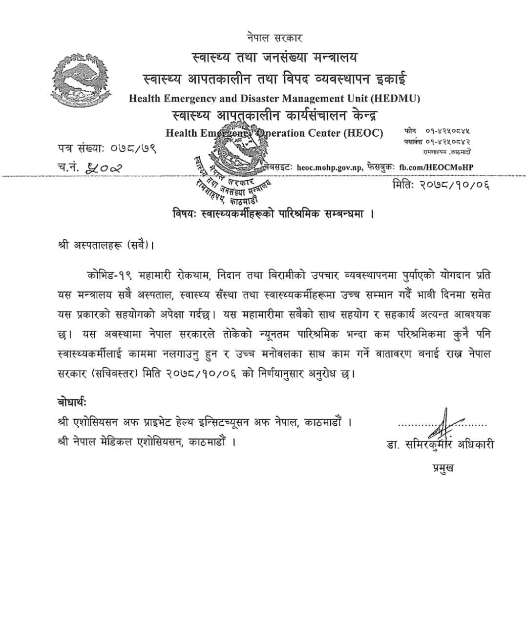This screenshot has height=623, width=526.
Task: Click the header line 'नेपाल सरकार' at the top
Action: [x=274, y=38]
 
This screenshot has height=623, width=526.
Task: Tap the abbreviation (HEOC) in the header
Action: [x=363, y=133]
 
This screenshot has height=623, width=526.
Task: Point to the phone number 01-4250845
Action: [x=447, y=131]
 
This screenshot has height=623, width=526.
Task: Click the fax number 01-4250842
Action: [x=447, y=142]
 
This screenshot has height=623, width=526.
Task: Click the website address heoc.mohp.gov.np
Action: [x=330, y=167]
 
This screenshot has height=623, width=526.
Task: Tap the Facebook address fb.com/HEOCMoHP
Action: [x=436, y=167]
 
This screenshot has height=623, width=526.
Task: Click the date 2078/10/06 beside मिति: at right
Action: [x=454, y=185]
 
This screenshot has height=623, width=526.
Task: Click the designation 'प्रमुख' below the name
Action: [x=442, y=468]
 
